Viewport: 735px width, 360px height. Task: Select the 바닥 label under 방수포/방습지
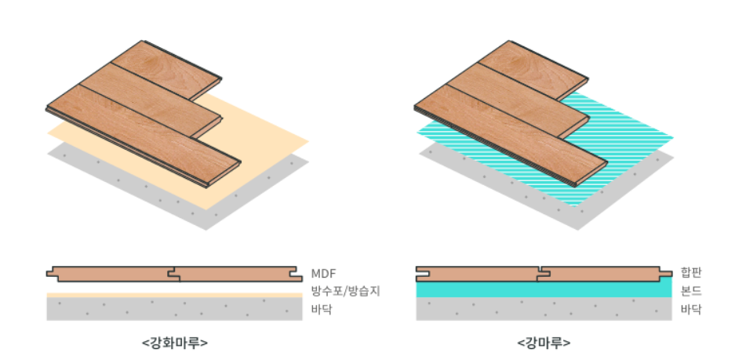click(322, 309)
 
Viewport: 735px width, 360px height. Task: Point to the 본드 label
click(691, 291)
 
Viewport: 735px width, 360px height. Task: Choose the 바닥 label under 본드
click(691, 309)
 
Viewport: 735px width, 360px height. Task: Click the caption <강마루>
click(544, 343)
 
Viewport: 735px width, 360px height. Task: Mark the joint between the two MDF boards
click(173, 275)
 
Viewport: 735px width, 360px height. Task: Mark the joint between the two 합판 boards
click(540, 274)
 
